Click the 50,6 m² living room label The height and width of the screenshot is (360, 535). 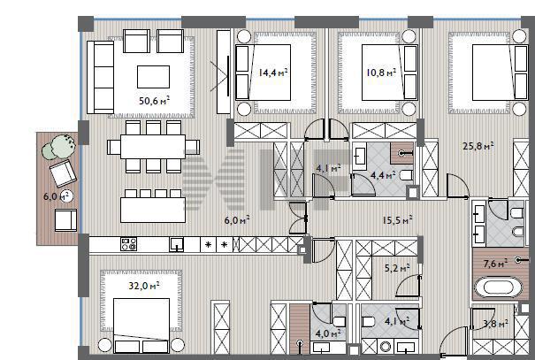tap(154, 101)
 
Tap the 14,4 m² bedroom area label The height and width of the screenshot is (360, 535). tap(273, 72)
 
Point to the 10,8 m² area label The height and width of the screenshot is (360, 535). tap(381, 72)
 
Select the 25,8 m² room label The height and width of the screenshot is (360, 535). tap(478, 146)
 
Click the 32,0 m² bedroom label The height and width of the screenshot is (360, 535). tap(143, 286)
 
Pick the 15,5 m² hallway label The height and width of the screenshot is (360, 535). tap(397, 220)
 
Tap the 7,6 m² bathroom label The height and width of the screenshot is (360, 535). tap(495, 264)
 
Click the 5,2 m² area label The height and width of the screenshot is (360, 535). tap(397, 268)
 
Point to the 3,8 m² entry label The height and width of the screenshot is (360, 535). tap(496, 323)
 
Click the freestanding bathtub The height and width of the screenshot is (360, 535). tap(499, 287)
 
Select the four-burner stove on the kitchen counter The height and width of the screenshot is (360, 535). tap(129, 244)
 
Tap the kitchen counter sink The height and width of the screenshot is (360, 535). tap(176, 245)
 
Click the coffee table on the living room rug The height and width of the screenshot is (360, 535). tap(153, 77)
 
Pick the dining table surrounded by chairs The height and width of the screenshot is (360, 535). tap(153, 147)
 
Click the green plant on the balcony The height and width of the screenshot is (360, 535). tap(59, 147)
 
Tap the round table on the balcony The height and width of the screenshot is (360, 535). tap(66, 196)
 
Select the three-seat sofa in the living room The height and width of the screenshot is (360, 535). tap(100, 77)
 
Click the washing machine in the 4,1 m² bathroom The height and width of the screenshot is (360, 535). tap(386, 347)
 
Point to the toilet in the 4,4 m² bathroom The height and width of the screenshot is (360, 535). tap(406, 175)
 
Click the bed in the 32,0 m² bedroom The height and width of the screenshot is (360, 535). tap(141, 326)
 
